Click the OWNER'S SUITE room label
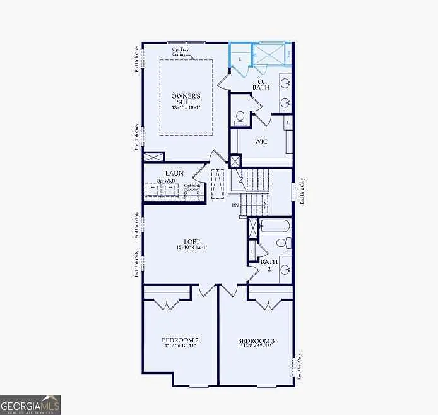pyautogui.click(x=187, y=99)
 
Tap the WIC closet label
pyautogui.click(x=261, y=141)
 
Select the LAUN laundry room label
pyautogui.click(x=174, y=173)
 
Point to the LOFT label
pyautogui.click(x=192, y=241)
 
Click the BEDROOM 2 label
pyautogui.click(x=181, y=341)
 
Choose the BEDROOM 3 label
pyautogui.click(x=257, y=341)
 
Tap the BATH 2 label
pyautogui.click(x=269, y=265)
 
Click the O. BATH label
pyautogui.click(x=261, y=84)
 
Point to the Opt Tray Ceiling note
pyautogui.click(x=180, y=52)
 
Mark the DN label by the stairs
pyautogui.click(x=235, y=206)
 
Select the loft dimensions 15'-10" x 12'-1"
pyautogui.click(x=192, y=247)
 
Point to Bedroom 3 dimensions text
pyautogui.click(x=257, y=346)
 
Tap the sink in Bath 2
pyautogui.click(x=286, y=270)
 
